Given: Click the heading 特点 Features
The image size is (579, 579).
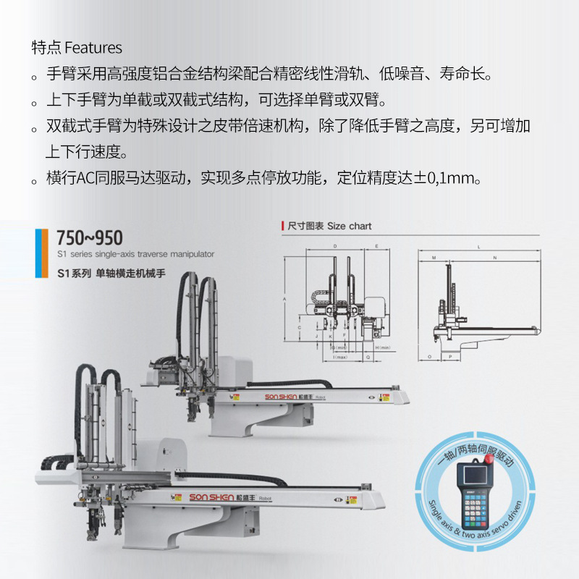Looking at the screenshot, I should tap(77, 48).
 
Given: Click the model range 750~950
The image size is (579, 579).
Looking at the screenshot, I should tap(90, 238).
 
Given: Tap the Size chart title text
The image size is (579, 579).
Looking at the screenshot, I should tap(329, 226).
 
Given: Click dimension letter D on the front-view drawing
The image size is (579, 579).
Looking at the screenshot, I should tap(335, 247).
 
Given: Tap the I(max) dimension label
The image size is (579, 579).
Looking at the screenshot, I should tap(339, 357).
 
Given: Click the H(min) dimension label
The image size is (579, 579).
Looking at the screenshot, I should tap(384, 348).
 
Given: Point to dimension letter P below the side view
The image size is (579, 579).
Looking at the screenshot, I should tap(449, 357).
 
